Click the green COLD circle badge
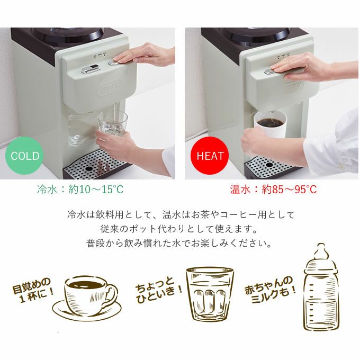click(24, 156)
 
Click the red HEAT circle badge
click(210, 156)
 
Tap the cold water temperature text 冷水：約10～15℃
click(80, 190)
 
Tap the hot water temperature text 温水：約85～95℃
click(273, 190)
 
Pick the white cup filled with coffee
click(270, 124)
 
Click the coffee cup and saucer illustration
click(87, 298)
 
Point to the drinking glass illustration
click(210, 294)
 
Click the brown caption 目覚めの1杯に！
click(33, 290)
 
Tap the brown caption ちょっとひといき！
click(159, 290)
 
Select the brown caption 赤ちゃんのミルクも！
click(271, 290)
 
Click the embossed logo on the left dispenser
click(110, 87)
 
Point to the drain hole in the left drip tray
click(88, 168)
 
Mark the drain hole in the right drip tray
click(269, 165)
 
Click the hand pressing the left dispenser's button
click(142, 55)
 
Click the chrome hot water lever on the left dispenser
click(91, 69)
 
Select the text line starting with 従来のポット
click(178, 229)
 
